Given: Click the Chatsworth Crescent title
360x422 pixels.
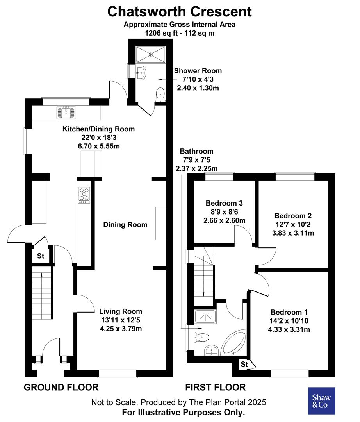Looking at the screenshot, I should tap(180, 11).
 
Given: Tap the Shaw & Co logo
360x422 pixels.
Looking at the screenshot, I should tap(321, 401).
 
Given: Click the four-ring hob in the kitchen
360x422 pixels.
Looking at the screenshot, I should tap(84, 195).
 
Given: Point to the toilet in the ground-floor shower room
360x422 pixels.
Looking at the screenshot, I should tap(160, 94).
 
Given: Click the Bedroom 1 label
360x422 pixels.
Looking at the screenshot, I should tap(289, 312).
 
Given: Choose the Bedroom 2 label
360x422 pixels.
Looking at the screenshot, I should tap(292, 216).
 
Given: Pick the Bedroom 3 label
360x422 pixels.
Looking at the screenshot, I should tap(224, 203).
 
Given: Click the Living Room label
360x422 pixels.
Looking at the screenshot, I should tap(120, 311).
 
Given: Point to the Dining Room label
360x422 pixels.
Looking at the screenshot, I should tap(125, 225).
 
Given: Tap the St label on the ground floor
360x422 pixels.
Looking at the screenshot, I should tap(41, 257).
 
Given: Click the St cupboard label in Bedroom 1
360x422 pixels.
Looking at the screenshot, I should tap(244, 365).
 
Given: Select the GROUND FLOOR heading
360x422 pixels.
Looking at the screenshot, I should tap(61, 387).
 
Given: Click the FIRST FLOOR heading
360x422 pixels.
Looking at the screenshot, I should tap(215, 387).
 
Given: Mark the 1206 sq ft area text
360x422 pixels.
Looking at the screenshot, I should tap(180, 33).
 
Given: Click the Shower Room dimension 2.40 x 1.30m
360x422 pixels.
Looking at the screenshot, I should tap(198, 88).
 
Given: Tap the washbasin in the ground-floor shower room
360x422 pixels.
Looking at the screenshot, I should tap(141, 72).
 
